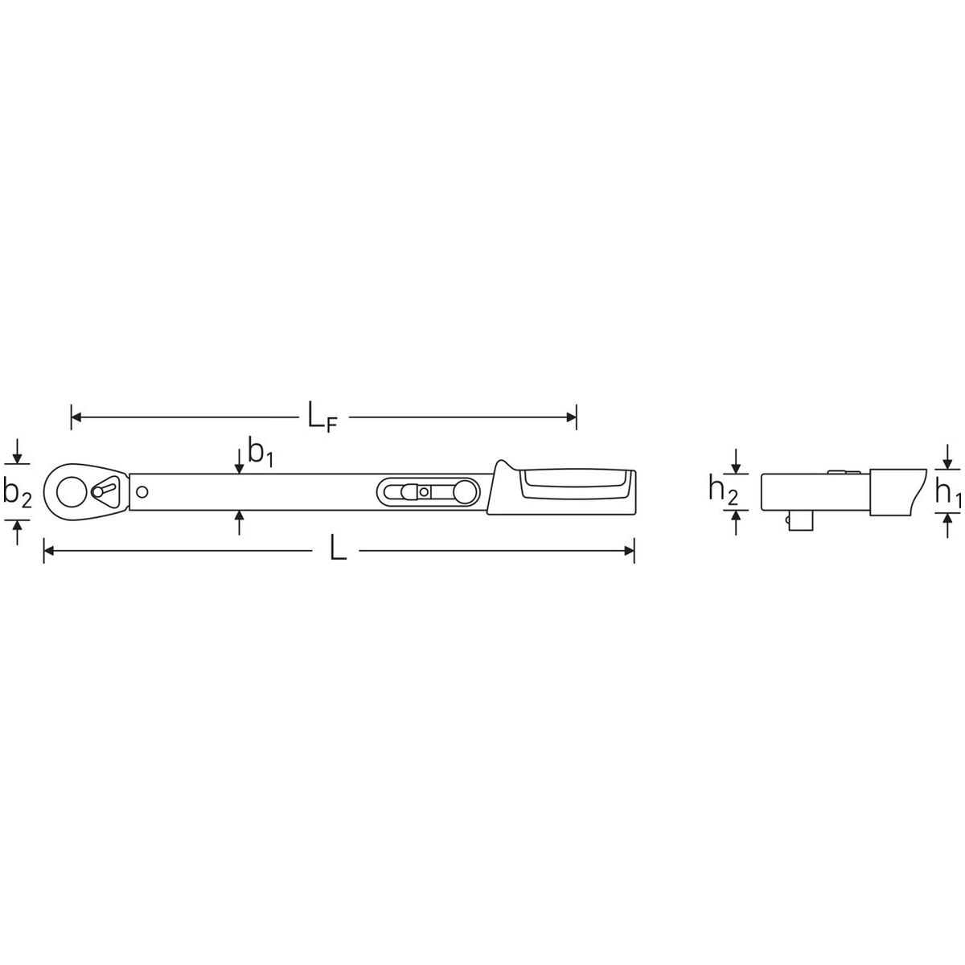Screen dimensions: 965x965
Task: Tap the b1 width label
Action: [261, 452]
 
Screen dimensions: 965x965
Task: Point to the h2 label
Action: [723, 489]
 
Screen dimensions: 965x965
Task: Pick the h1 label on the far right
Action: [948, 493]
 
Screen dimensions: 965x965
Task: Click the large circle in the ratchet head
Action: [71, 492]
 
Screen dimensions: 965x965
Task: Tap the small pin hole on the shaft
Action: [142, 492]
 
